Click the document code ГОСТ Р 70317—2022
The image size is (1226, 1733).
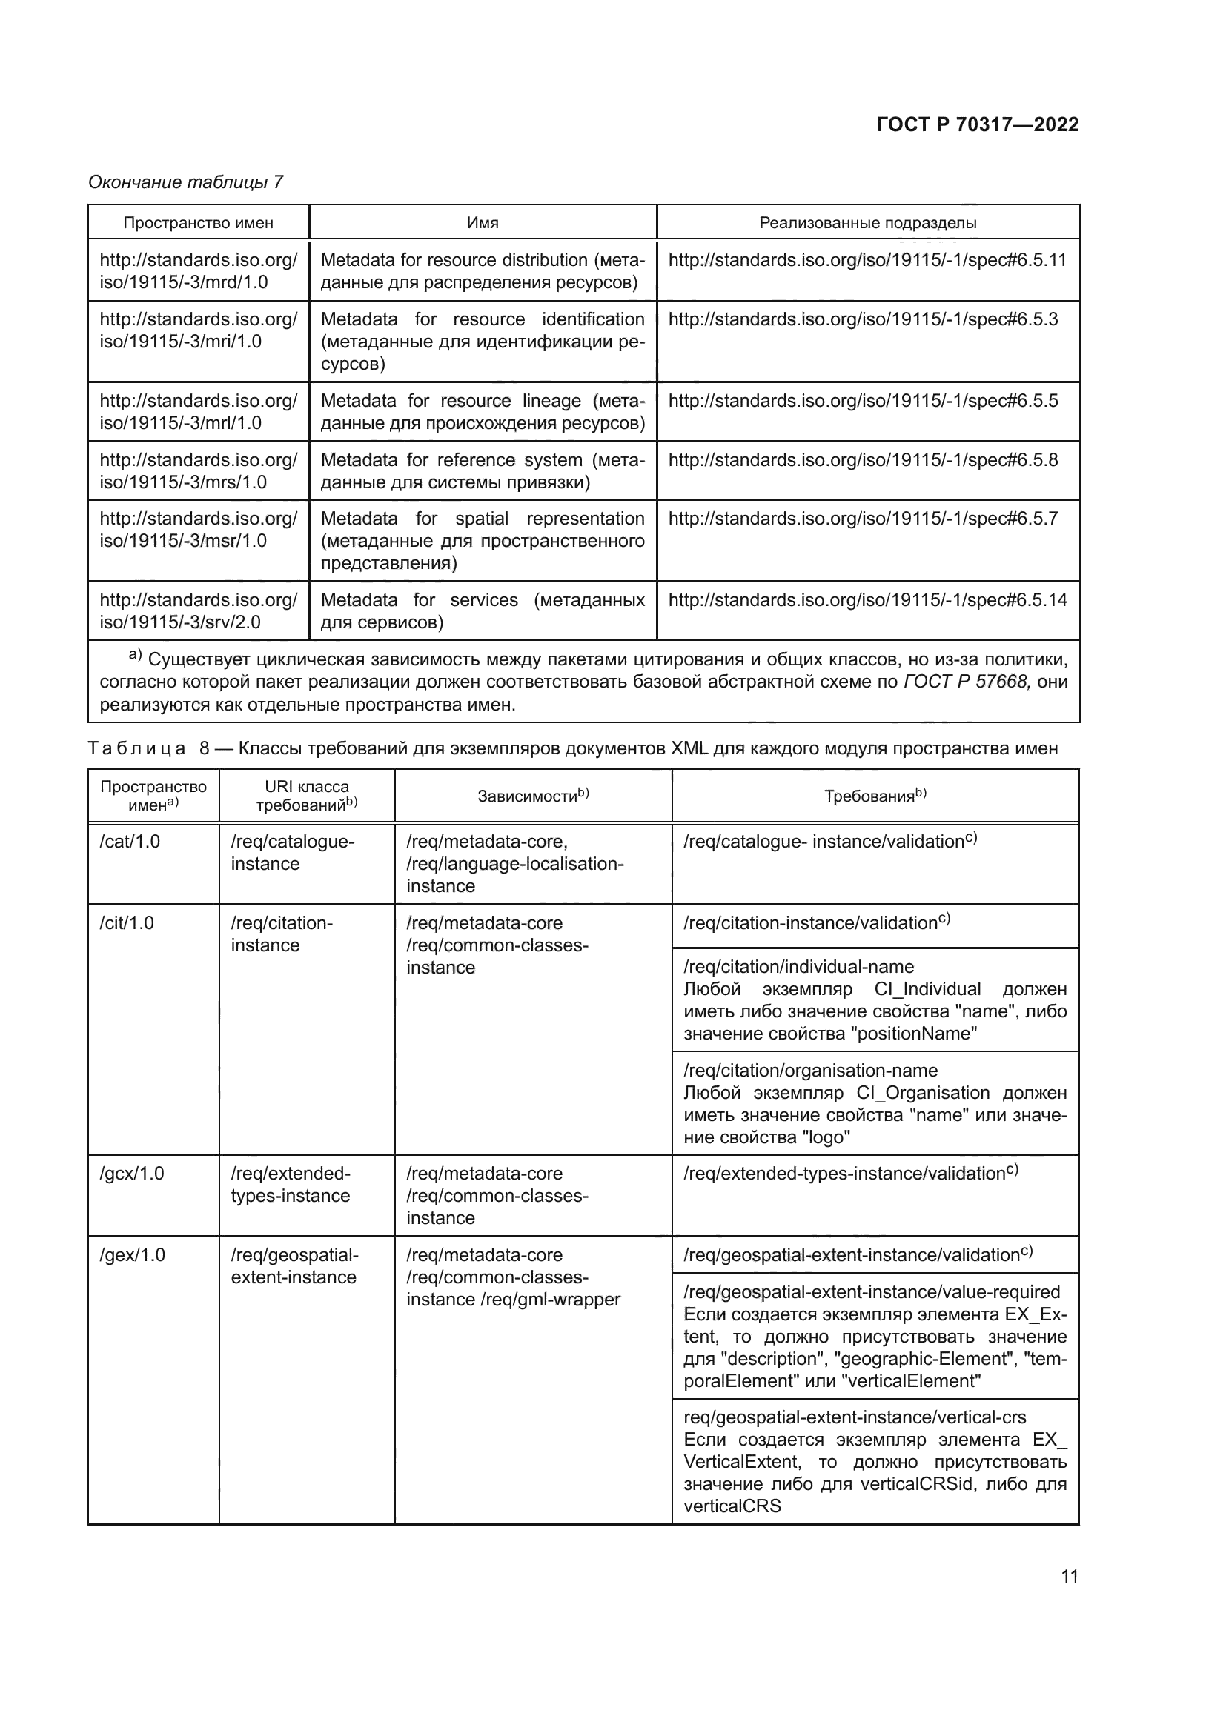click(x=977, y=125)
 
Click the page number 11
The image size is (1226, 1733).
click(x=1069, y=1576)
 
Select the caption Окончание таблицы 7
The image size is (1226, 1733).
click(x=186, y=182)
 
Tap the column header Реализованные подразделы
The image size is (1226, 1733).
click(x=867, y=223)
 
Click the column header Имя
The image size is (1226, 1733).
click(x=483, y=223)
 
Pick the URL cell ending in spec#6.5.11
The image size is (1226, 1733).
click(x=867, y=260)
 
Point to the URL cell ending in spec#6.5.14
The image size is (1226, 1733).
click(x=867, y=600)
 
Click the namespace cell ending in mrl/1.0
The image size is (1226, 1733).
click(x=198, y=411)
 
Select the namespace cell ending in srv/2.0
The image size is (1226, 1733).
click(x=198, y=611)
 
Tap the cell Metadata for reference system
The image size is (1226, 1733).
click(x=483, y=470)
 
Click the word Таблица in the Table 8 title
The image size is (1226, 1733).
click(x=136, y=749)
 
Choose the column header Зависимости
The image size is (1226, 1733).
click(x=532, y=796)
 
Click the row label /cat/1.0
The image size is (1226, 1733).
click(x=130, y=842)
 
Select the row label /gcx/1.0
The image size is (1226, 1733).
click(x=131, y=1174)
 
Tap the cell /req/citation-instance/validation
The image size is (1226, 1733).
click(x=815, y=923)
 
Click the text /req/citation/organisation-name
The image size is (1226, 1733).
click(x=810, y=1071)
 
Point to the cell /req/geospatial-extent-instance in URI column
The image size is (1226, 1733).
click(x=294, y=1265)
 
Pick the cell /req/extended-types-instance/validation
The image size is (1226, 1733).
click(x=849, y=1174)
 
